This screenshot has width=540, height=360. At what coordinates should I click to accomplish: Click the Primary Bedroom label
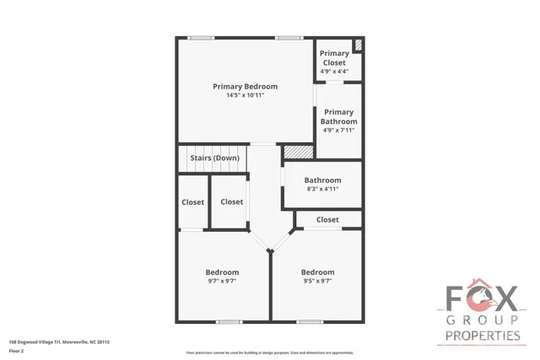tap(245, 86)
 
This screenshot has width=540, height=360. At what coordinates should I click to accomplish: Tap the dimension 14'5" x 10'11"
tap(245, 95)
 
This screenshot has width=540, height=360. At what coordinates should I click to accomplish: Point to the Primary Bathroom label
tap(338, 116)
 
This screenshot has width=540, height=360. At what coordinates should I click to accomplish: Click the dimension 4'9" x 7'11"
tap(338, 130)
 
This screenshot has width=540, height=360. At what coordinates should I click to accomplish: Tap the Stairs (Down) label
tap(214, 158)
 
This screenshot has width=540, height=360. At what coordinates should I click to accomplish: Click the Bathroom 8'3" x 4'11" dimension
tap(322, 189)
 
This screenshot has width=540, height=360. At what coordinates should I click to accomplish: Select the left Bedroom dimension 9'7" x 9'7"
tap(222, 282)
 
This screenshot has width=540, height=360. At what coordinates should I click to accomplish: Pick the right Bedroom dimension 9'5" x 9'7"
tap(317, 282)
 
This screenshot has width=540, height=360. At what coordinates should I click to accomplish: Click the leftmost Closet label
tap(193, 201)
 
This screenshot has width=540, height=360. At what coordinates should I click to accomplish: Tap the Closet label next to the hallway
tap(231, 201)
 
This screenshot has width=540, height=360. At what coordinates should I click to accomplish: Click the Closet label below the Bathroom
tap(327, 219)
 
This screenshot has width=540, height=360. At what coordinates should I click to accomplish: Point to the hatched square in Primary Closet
tap(358, 45)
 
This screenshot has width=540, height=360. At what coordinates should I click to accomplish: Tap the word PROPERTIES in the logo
tap(482, 336)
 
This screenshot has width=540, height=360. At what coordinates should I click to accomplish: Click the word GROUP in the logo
tap(482, 320)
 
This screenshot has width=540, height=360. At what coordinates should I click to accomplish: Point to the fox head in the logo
tap(483, 298)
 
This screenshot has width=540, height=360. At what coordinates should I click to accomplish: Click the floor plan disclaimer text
tap(270, 352)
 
